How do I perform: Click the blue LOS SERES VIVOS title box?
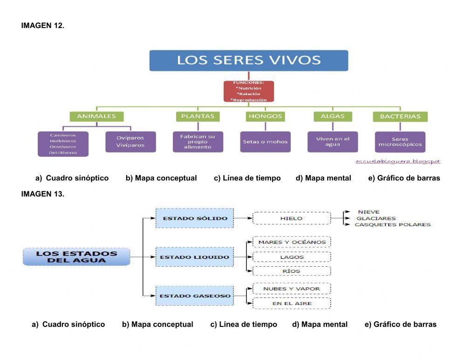coord(248,61)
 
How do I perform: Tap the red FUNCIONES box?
coord(248,91)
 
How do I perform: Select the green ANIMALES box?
coord(96,117)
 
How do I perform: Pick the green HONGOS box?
coord(265,117)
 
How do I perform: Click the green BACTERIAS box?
coord(400,117)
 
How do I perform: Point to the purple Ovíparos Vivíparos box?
coord(130,141)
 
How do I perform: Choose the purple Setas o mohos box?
coord(265,142)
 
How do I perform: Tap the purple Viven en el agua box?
coord(332,142)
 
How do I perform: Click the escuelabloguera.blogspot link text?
coord(398,161)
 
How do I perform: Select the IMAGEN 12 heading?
coord(42,26)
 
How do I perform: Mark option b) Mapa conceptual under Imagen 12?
coord(161,178)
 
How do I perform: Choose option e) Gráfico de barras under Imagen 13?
coord(400,325)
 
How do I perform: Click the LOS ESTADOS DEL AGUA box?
coord(76,257)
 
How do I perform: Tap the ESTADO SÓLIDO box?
coord(195,218)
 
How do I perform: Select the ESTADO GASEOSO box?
coord(195,296)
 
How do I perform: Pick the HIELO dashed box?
coord(291,218)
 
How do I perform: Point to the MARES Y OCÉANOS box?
coord(292,242)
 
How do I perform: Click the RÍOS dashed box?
coord(292,271)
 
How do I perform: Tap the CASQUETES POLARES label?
coord(392,225)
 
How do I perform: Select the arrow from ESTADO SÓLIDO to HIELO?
coord(243,218)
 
